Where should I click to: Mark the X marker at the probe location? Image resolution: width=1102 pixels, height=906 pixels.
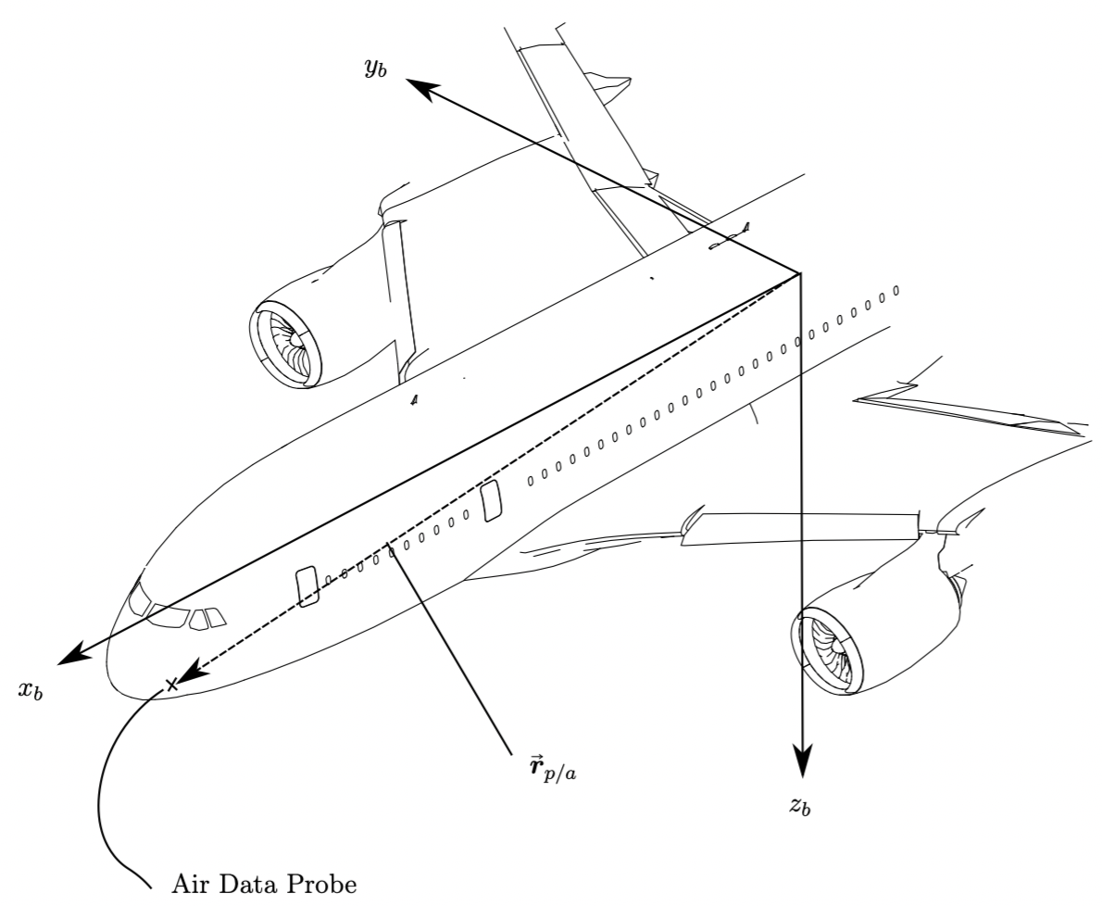171,685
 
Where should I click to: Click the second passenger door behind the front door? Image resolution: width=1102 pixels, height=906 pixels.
492,500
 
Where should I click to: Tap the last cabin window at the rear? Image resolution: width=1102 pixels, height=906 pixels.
895,291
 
